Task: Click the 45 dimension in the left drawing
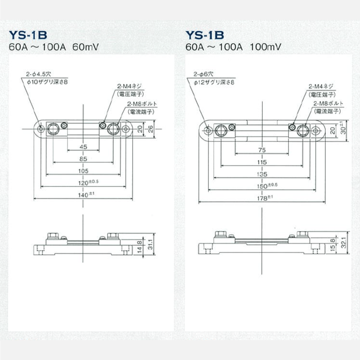pyautogui.click(x=83, y=147)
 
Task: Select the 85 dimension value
pyautogui.click(x=83, y=158)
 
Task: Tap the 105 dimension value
pyautogui.click(x=83, y=171)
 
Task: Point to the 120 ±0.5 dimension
pyautogui.click(x=85, y=183)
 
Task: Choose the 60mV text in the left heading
pyautogui.click(x=86, y=46)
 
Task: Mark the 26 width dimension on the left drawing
pyautogui.click(x=150, y=129)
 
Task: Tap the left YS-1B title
pyautogui.click(x=28, y=35)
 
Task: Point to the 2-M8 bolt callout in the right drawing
pyautogui.click(x=330, y=103)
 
